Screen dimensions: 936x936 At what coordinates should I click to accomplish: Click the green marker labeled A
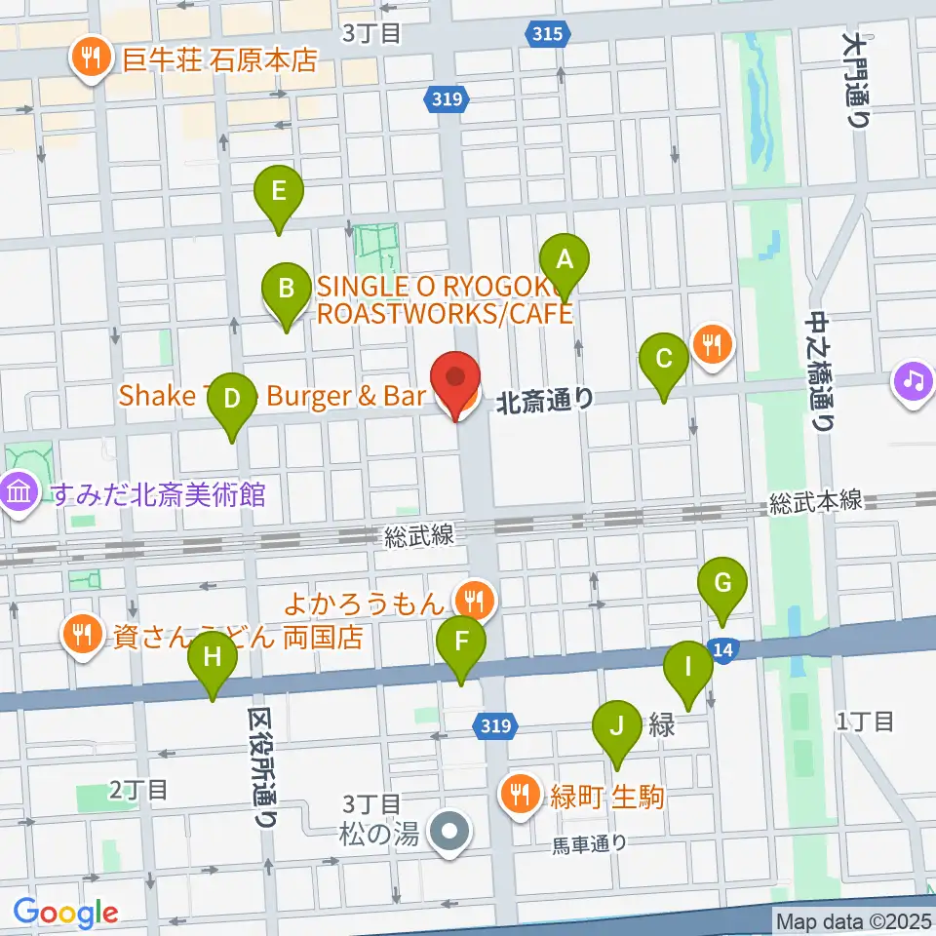click(564, 260)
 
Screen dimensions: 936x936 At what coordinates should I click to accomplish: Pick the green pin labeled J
click(616, 726)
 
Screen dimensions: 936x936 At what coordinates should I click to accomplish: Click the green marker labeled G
click(722, 584)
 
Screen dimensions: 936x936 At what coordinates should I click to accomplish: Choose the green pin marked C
click(664, 359)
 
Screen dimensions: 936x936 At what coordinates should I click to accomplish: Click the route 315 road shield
click(548, 34)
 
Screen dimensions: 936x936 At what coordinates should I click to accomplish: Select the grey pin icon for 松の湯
click(450, 834)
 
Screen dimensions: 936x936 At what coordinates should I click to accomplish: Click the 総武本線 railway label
click(815, 501)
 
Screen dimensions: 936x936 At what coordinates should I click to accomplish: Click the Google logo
click(65, 914)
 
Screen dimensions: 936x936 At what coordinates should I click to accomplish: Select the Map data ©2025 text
click(852, 920)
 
